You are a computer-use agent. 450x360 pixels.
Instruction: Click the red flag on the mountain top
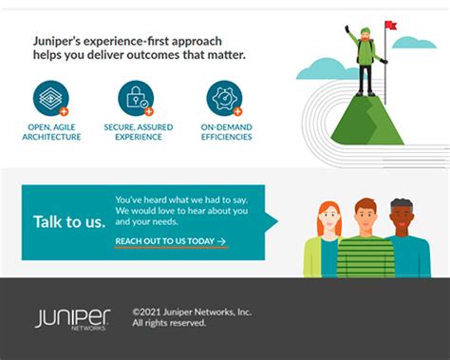coord(390,26)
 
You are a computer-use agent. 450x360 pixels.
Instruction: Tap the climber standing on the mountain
coord(365,57)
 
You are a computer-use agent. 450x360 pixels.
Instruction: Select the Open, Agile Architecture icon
coord(51,98)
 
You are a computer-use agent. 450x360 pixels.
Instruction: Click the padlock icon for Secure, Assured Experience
coord(136,98)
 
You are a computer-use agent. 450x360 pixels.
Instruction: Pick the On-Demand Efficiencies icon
coord(224,98)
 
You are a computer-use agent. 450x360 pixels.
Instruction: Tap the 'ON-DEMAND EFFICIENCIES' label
coord(225,131)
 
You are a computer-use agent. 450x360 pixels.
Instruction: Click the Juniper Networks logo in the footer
coord(72,318)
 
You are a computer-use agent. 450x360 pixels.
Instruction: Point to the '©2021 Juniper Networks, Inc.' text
coord(192,311)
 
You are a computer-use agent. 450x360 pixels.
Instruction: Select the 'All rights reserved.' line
coord(169,323)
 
